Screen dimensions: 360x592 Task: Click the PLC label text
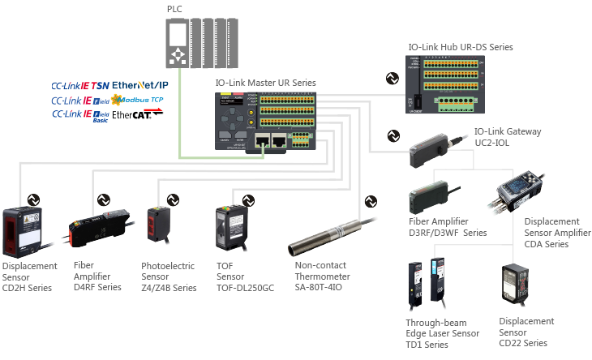tap(174, 9)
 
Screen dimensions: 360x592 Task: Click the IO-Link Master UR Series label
tap(265, 83)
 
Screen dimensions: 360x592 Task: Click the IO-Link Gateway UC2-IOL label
tap(508, 136)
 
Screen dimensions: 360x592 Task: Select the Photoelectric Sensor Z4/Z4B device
tap(157, 223)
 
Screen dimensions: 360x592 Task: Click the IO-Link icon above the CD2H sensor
tap(34, 199)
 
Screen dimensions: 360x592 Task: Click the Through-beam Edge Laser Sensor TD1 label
tap(442, 333)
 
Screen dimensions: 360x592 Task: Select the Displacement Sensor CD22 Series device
tap(517, 285)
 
